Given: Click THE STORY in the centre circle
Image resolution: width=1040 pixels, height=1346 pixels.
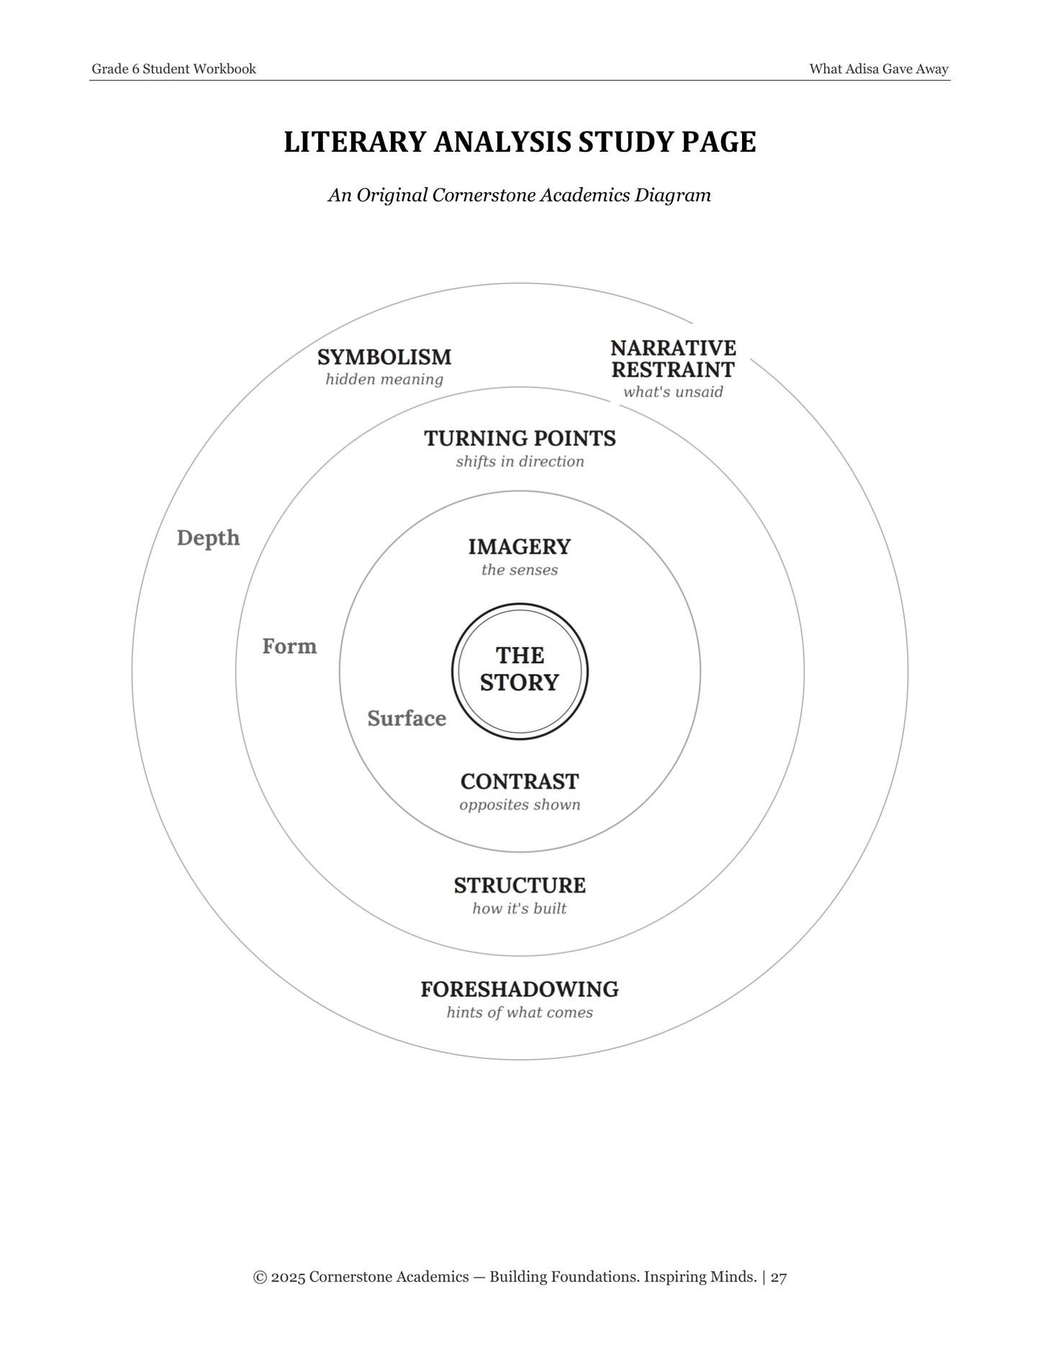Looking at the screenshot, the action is click(x=520, y=669).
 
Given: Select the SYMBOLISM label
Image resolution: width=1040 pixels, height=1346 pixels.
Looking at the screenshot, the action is click(x=384, y=357).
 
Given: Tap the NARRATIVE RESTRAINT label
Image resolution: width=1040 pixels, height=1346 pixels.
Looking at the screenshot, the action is click(x=673, y=359).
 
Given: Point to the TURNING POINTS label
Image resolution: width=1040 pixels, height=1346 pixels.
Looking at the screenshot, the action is click(x=520, y=438).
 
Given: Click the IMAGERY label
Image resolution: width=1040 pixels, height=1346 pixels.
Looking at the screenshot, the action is click(x=520, y=547).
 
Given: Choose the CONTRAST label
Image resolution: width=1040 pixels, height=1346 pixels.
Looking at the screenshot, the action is click(x=520, y=782).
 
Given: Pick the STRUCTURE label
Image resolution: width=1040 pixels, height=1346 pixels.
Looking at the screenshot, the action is click(x=520, y=885).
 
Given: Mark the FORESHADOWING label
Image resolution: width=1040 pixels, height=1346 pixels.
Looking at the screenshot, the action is click(x=520, y=990).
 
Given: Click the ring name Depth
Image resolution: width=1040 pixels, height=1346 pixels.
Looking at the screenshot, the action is click(x=208, y=538).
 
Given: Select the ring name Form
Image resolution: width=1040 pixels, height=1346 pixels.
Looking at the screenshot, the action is click(x=289, y=646).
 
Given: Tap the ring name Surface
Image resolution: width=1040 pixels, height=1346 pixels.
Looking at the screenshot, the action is click(x=407, y=718).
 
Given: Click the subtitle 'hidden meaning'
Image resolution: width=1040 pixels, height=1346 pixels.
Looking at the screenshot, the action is click(x=384, y=379).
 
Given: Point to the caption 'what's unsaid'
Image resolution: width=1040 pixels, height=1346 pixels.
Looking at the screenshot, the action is click(x=673, y=392).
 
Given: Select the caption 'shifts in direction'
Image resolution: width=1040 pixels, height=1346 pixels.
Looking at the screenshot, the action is click(x=520, y=461).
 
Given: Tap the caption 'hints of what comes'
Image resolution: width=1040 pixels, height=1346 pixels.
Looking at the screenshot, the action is click(x=520, y=1013).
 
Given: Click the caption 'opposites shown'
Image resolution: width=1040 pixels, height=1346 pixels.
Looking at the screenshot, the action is click(x=520, y=805).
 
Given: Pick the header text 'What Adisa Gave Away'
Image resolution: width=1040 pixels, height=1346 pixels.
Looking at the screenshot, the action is click(x=879, y=69).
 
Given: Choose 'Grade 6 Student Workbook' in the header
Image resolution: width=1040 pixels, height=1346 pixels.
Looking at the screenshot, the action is click(x=173, y=69).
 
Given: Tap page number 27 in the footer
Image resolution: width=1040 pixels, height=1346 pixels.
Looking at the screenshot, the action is click(x=779, y=1278).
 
